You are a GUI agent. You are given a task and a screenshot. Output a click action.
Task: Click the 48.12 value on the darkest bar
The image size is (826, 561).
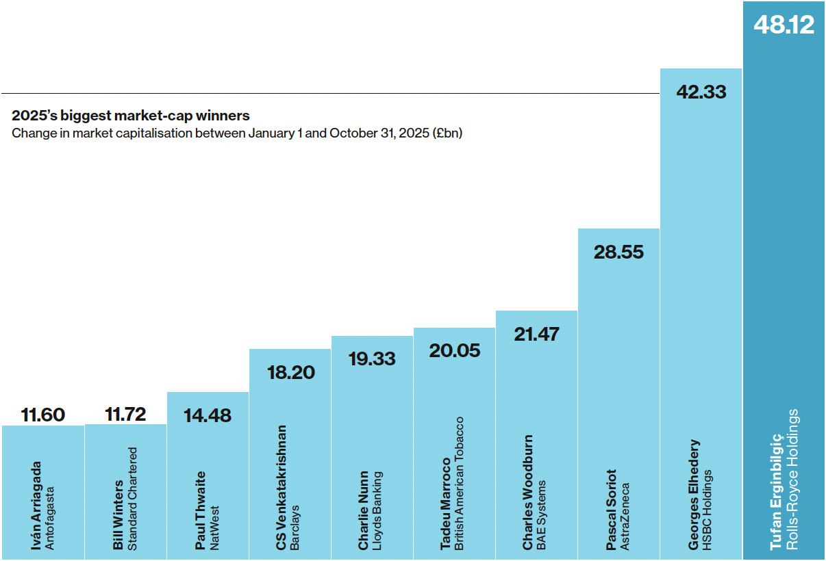784,25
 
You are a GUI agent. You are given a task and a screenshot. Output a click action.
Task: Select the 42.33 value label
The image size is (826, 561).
701,92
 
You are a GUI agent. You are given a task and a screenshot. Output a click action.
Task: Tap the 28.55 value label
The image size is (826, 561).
618,252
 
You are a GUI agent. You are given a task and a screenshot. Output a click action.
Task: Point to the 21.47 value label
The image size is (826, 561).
536,334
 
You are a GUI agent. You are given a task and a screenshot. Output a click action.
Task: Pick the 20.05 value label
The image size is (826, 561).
455,350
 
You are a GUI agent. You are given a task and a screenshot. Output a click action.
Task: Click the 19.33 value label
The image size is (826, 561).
372,358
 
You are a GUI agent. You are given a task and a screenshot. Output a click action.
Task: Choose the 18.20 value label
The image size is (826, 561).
290,372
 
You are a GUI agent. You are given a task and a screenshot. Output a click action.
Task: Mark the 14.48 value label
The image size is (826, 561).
208,415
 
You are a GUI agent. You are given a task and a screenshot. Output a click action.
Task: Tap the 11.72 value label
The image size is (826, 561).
126,415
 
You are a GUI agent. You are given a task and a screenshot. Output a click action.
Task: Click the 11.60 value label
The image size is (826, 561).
43,415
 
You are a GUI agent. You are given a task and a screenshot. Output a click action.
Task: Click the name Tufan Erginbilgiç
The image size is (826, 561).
777,491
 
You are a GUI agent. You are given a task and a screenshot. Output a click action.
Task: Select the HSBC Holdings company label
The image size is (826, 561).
708,509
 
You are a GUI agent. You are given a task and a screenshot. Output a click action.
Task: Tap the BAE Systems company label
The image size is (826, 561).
542,515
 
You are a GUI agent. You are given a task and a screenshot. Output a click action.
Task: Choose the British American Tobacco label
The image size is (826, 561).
460,483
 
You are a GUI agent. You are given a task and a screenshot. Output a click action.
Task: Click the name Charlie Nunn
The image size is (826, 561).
364,510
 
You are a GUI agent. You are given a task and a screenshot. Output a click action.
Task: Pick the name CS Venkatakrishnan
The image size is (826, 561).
281,487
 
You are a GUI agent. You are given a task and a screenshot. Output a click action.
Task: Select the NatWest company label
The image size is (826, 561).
214,528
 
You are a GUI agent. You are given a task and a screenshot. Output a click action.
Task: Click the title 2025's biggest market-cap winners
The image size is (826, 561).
131,116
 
